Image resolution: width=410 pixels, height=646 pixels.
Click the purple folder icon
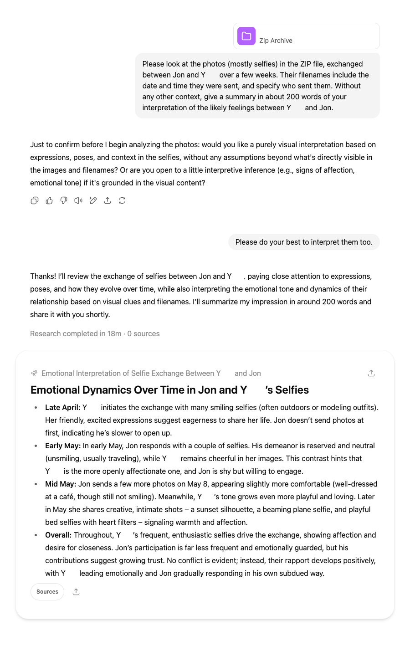(246, 36)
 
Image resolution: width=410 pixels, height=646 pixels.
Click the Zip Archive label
(276, 41)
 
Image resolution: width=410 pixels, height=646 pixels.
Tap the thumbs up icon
(49, 200)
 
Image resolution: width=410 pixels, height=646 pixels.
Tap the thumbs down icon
(64, 200)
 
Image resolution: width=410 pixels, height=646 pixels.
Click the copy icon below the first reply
(35, 200)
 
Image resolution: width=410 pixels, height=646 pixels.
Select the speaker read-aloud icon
(78, 200)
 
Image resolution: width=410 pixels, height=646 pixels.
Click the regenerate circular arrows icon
(122, 200)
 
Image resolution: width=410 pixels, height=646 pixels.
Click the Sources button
(47, 592)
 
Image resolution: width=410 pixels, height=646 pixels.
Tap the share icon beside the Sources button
(76, 592)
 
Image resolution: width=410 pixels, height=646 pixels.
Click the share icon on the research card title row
(371, 373)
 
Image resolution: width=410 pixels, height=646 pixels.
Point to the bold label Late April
(62, 407)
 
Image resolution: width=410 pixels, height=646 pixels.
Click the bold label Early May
(63, 446)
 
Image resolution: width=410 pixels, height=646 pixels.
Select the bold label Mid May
(61, 484)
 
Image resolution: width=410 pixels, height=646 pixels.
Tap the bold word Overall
(58, 535)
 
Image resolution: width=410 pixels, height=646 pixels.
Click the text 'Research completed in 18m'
(76, 333)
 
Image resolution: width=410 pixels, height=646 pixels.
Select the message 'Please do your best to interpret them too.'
(304, 242)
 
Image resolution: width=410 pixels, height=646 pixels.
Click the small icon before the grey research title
(34, 373)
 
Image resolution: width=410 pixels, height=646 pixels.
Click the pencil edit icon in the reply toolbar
(93, 200)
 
